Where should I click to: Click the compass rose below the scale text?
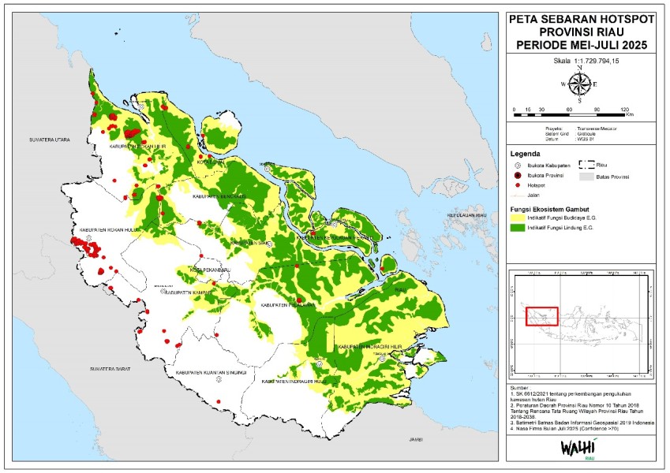click(x=579, y=84)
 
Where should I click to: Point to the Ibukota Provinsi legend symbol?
click(x=518, y=174)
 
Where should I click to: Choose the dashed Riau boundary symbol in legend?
click(x=587, y=165)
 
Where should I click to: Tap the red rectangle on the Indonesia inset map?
click(x=541, y=315)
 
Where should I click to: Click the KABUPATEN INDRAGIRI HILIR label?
click(x=368, y=347)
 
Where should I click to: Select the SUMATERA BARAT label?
click(x=110, y=368)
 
